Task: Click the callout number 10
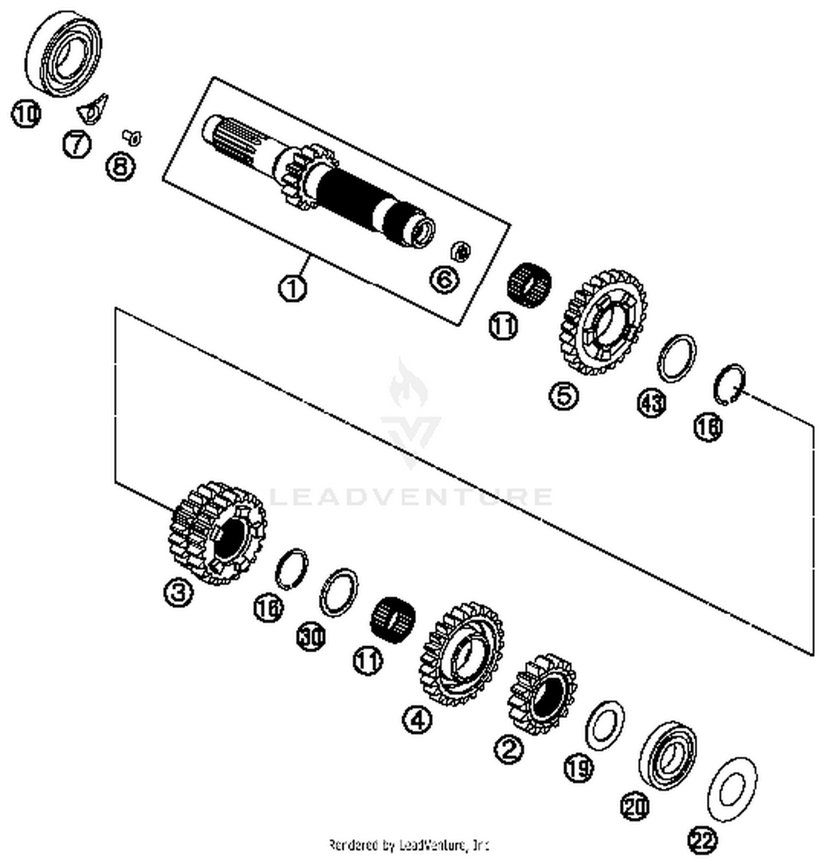pos(26,114)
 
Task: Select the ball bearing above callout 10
pos(64,54)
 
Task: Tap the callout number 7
pos(76,145)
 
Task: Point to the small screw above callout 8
pos(133,137)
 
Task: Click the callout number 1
pos(293,287)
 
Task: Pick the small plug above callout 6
pos(460,251)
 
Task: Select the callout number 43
pos(652,404)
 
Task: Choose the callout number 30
pos(311,636)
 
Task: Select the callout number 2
pos(509,749)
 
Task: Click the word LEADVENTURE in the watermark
pos(411,497)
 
